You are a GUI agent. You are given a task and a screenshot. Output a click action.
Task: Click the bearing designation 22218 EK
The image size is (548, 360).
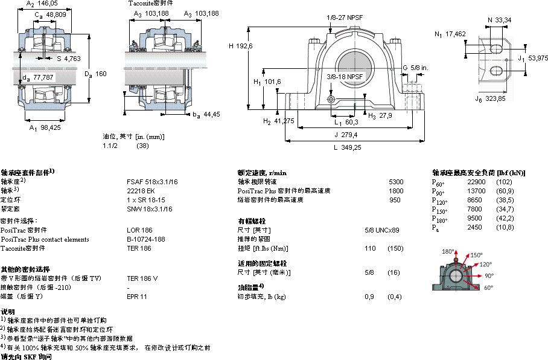tap(140, 190)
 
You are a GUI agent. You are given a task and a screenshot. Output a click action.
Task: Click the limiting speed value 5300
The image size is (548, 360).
tap(396, 181)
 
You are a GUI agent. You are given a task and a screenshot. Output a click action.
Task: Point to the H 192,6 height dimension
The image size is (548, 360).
tap(240, 46)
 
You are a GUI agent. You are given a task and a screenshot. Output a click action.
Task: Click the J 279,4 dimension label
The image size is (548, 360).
tap(345, 135)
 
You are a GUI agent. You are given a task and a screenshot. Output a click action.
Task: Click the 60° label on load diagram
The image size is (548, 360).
tap(488, 288)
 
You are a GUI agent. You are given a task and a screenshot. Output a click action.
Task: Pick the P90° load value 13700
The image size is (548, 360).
tap(476, 191)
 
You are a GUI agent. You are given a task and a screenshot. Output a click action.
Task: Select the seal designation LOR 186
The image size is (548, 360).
tap(139, 230)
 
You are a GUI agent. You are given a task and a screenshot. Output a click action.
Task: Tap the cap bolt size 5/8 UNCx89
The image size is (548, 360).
tap(382, 230)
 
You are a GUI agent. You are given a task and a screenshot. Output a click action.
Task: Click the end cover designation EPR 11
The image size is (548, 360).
tap(137, 297)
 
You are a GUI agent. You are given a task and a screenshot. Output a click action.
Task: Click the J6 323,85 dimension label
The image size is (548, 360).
tap(489, 98)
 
